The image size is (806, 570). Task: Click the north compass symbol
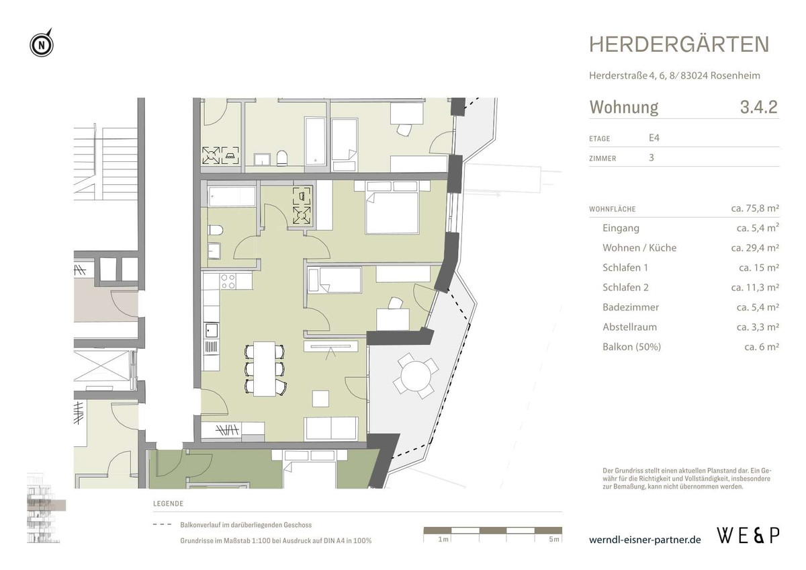pyautogui.click(x=42, y=46)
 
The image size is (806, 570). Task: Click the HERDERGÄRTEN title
pyautogui.click(x=679, y=44)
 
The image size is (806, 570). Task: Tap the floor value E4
pyautogui.click(x=654, y=138)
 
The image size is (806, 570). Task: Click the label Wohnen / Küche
pyautogui.click(x=639, y=248)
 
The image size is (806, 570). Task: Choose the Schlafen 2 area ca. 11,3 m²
pyautogui.click(x=755, y=288)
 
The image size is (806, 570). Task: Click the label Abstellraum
pyautogui.click(x=629, y=327)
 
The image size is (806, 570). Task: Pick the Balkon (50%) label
pyautogui.click(x=631, y=347)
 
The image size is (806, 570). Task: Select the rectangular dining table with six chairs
pyautogui.click(x=265, y=368)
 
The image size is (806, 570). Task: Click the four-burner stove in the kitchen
pyautogui.click(x=228, y=281)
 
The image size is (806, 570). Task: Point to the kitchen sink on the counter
pyautogui.click(x=212, y=330)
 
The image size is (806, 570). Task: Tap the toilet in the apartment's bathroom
pyautogui.click(x=215, y=231)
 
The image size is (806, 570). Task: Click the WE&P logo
pyautogui.click(x=748, y=536)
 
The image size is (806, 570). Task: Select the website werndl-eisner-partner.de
pyautogui.click(x=645, y=540)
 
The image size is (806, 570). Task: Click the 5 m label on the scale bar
pyautogui.click(x=552, y=540)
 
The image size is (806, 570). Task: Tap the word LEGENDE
pyautogui.click(x=168, y=504)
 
